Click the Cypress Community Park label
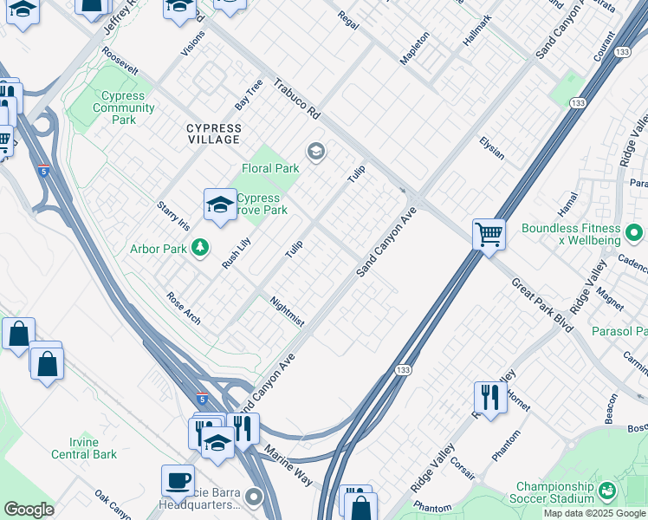click(x=123, y=107)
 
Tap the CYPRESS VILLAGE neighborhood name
click(x=214, y=133)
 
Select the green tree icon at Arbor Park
click(x=201, y=249)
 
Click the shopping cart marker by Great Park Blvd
click(x=489, y=234)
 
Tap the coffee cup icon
click(x=178, y=479)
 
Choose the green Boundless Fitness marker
click(x=633, y=232)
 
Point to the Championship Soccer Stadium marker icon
click(x=607, y=491)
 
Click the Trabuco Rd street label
click(x=297, y=100)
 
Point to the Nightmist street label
click(x=287, y=312)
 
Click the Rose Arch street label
click(x=184, y=308)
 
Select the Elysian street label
click(x=491, y=148)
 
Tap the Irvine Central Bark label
click(x=84, y=448)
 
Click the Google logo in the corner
click(x=29, y=510)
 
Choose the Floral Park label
click(x=269, y=168)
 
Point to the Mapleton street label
click(x=414, y=48)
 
